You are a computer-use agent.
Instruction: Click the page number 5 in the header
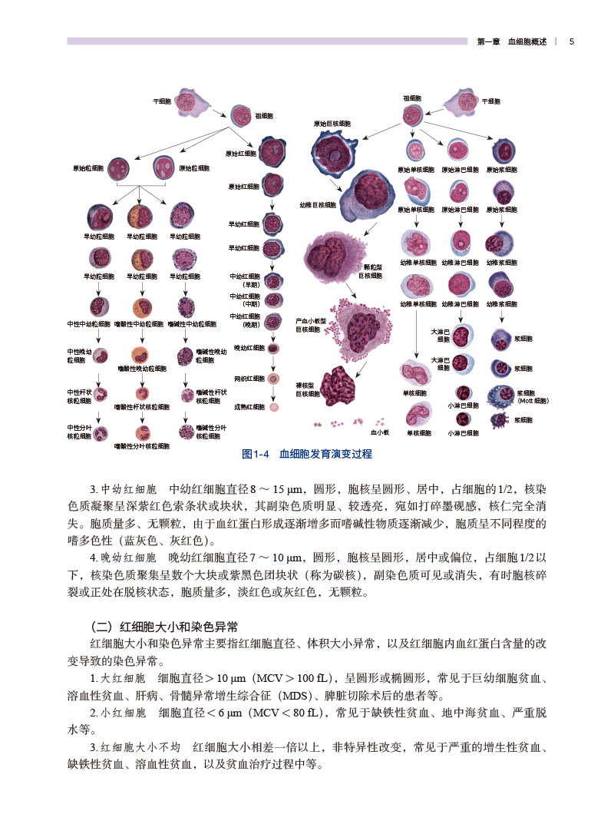tap(572, 42)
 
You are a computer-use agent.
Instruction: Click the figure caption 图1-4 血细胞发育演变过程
tap(307, 454)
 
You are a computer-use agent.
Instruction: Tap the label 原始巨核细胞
tap(332, 124)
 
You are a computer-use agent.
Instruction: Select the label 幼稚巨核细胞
tap(317, 205)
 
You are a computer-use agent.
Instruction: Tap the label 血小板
tap(381, 432)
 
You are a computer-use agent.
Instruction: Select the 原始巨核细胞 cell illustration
tap(335, 154)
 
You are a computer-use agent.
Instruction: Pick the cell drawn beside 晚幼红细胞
tap(272, 348)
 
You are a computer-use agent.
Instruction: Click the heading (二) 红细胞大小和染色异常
tap(162, 625)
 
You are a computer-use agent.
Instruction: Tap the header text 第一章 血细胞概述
tap(512, 42)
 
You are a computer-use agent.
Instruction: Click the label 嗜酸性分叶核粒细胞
tap(142, 445)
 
